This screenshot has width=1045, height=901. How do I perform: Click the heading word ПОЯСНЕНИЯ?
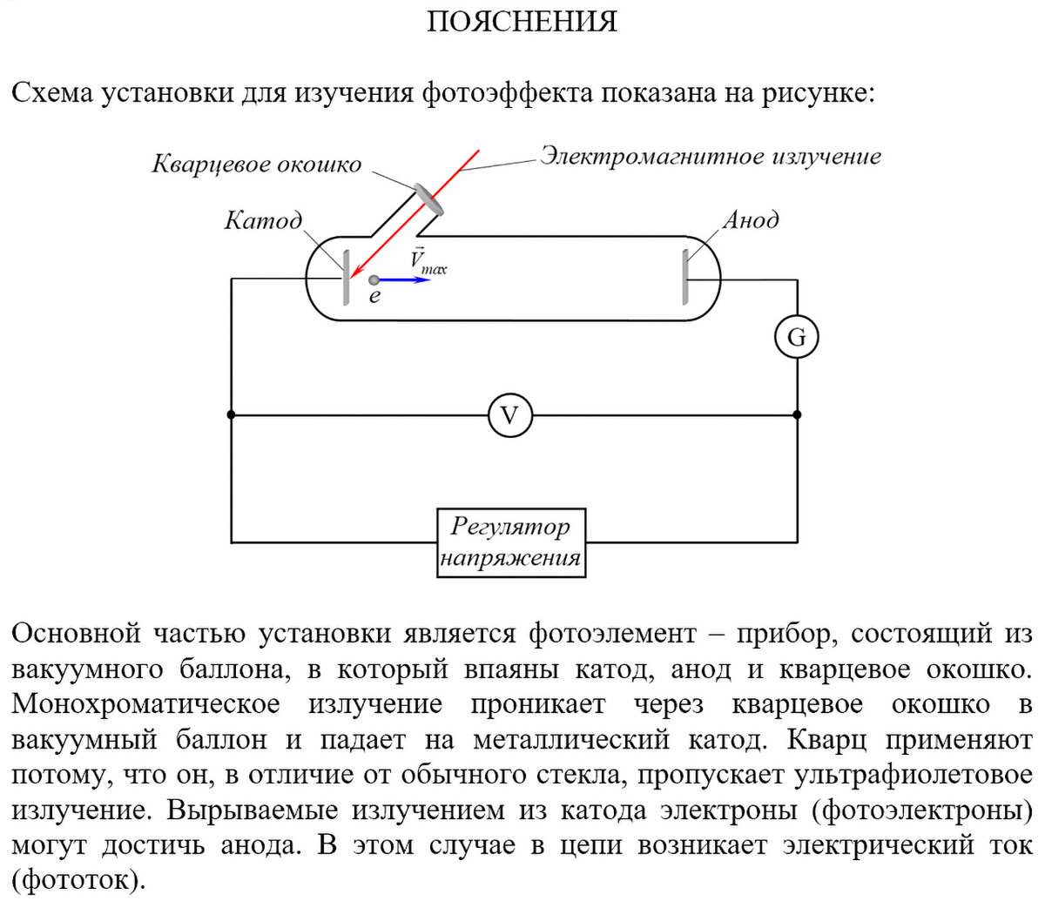(522, 21)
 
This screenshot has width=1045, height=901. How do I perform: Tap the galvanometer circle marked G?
(796, 337)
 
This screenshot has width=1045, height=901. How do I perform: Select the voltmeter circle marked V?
(509, 415)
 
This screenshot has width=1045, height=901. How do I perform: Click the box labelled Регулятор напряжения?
(510, 542)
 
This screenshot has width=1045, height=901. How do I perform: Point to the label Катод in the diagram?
(262, 220)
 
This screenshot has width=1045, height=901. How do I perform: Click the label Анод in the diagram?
(751, 220)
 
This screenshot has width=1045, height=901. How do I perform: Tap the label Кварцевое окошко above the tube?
(256, 165)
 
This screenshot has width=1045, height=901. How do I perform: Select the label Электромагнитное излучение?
(711, 157)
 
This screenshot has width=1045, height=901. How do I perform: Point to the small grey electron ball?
(374, 280)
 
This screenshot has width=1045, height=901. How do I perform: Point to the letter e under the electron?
(374, 298)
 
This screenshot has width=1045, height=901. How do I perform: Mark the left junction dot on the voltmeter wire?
(232, 415)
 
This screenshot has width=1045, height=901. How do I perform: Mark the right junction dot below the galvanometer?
(797, 415)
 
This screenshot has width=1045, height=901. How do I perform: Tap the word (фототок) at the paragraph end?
(77, 880)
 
